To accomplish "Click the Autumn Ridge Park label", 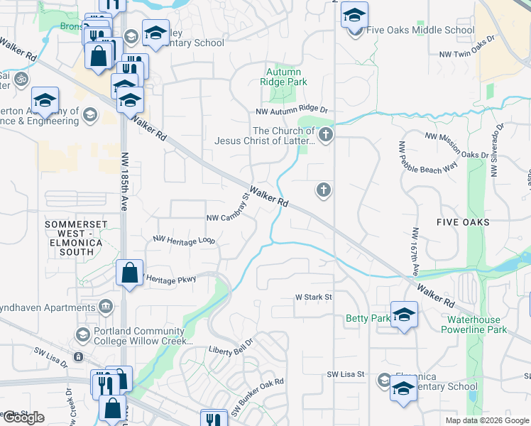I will (x=284, y=77).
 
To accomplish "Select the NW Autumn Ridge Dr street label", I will (x=292, y=111).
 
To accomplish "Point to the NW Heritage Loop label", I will (x=184, y=241).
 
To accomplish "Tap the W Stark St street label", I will (x=314, y=297).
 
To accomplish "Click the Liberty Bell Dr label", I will (x=231, y=350).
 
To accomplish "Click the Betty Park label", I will (x=368, y=319).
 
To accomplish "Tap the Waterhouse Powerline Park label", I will (x=473, y=324).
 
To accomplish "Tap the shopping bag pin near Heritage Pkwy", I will (x=129, y=273).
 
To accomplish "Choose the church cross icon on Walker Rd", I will (x=323, y=190).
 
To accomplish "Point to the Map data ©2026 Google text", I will (x=486, y=420).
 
